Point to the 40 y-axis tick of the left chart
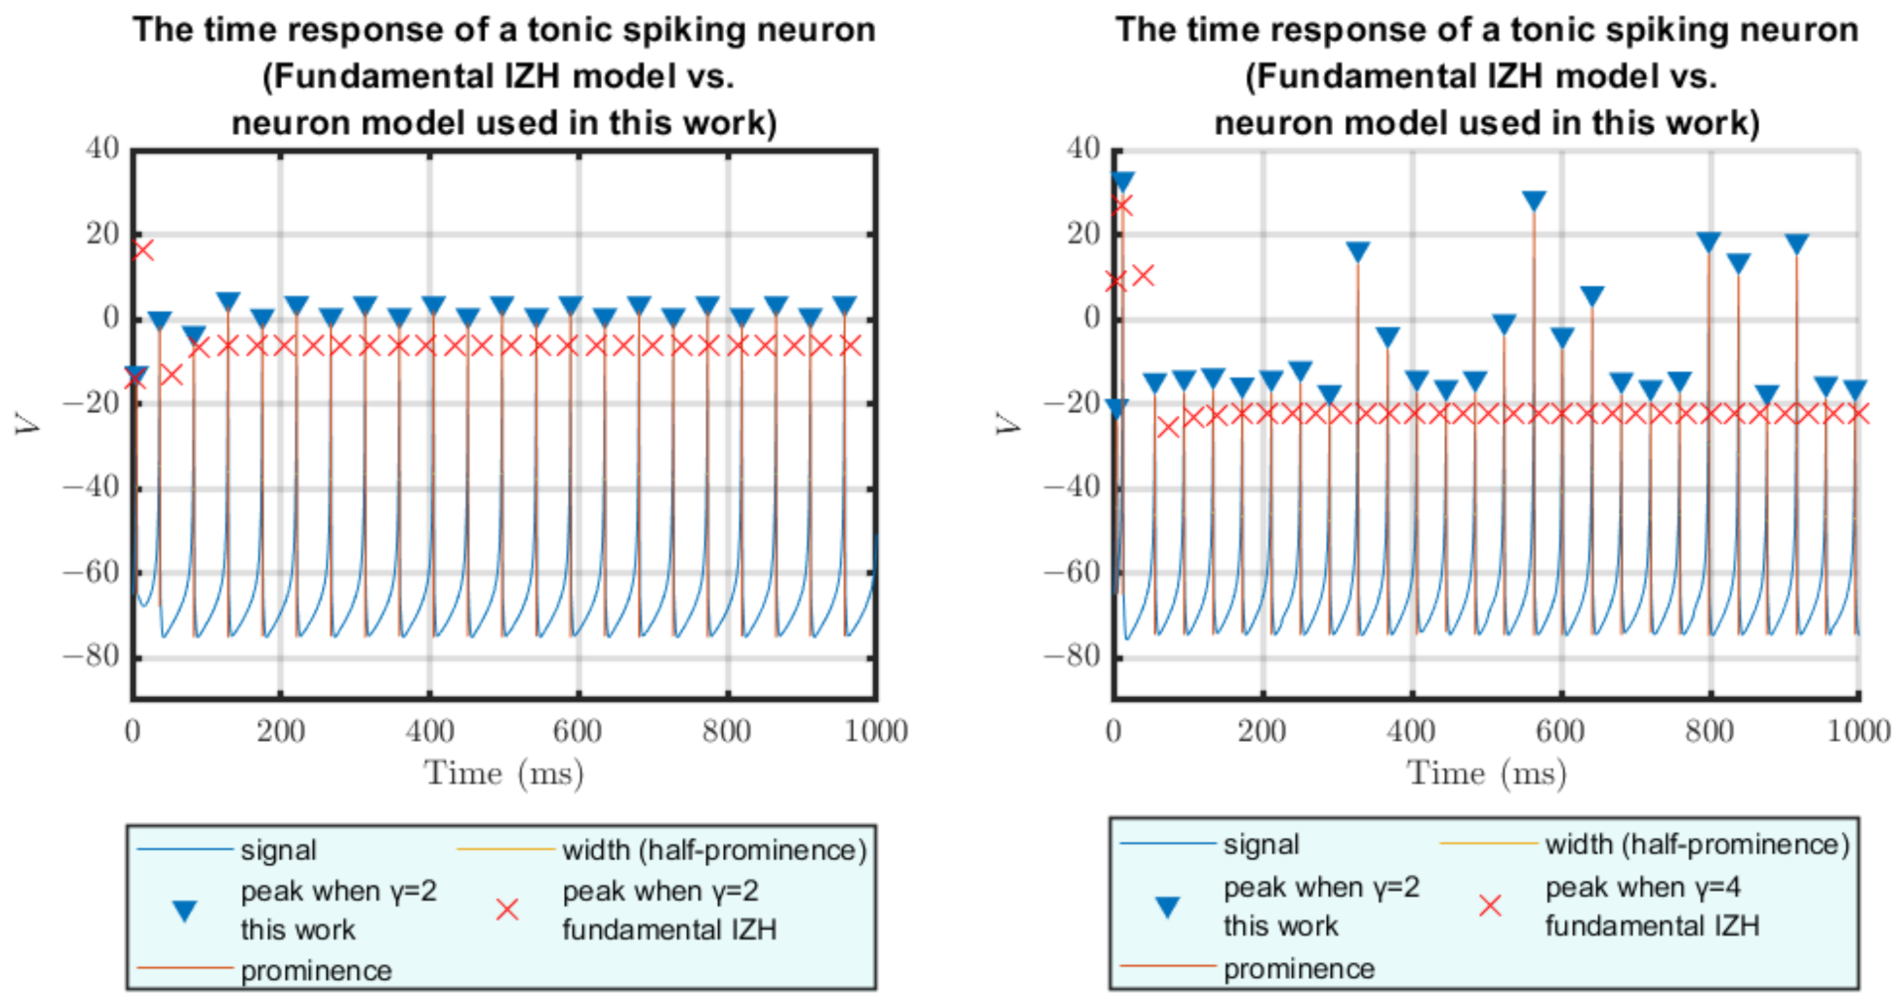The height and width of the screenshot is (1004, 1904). pyautogui.click(x=102, y=149)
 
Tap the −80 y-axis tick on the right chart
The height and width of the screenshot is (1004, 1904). pyautogui.click(x=1072, y=655)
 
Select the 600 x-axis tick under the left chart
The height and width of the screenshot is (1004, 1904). pyautogui.click(x=577, y=731)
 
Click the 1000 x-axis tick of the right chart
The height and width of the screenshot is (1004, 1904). pyautogui.click(x=1858, y=731)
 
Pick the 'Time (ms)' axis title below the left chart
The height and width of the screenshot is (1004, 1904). pyautogui.click(x=504, y=773)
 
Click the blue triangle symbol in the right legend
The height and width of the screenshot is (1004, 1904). pyautogui.click(x=1168, y=906)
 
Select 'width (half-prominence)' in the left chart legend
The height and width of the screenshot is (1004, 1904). pyautogui.click(x=714, y=850)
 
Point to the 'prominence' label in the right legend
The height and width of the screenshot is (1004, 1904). pyautogui.click(x=1299, y=968)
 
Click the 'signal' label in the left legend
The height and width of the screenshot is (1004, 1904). pyautogui.click(x=278, y=850)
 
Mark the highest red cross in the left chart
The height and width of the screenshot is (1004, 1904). pyautogui.click(x=143, y=249)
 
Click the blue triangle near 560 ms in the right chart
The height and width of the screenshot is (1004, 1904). pyautogui.click(x=1535, y=202)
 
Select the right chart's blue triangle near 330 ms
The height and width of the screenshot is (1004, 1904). pyautogui.click(x=1358, y=252)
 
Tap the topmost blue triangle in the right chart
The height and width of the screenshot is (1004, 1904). pyautogui.click(x=1122, y=182)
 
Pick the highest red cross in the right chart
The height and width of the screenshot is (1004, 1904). pyautogui.click(x=1121, y=206)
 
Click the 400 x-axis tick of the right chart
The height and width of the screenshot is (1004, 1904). pyautogui.click(x=1410, y=731)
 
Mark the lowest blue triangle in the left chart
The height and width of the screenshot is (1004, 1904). pyautogui.click(x=136, y=374)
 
